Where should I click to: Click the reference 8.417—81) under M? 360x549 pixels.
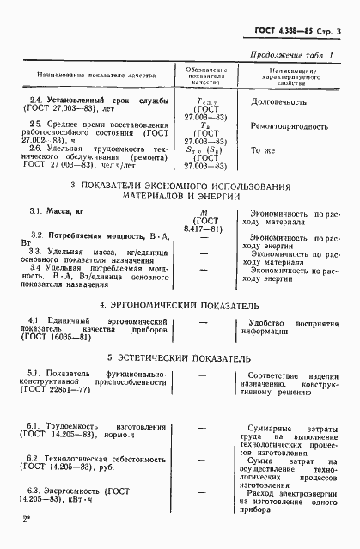(204, 229)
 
